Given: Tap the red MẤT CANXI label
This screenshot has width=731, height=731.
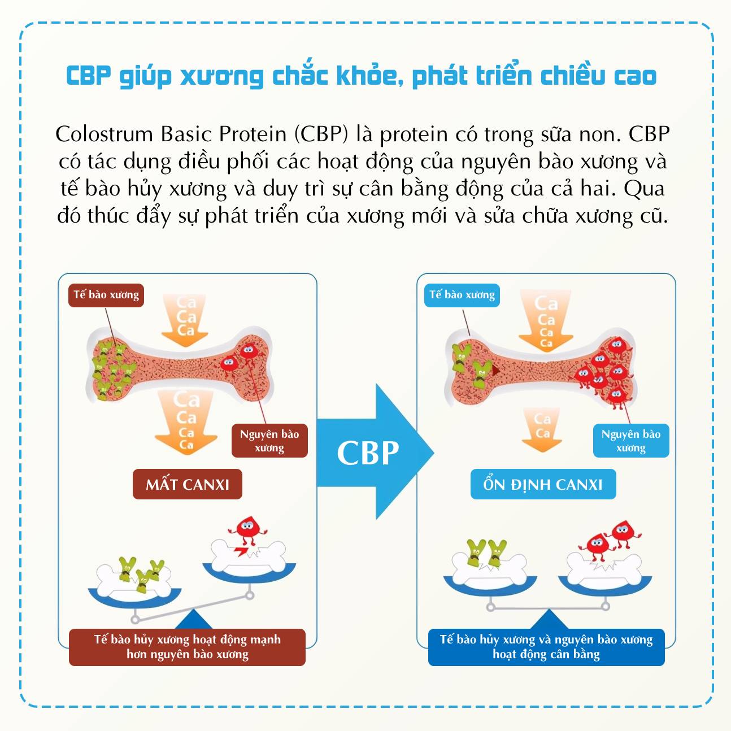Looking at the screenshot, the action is point(187,484).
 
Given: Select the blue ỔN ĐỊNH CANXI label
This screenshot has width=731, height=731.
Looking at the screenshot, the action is point(543,484).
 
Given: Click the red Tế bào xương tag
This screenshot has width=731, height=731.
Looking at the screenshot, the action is point(106,295).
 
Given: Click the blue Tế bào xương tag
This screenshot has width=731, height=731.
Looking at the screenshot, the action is point(462,295).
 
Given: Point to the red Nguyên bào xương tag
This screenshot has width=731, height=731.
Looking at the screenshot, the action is point(269,441).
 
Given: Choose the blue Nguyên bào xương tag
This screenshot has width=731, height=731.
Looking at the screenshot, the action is point(630,441).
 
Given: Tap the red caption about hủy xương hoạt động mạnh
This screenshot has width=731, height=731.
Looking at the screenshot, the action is point(187,647).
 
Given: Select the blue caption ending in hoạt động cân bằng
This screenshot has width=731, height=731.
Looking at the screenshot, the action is point(546,647).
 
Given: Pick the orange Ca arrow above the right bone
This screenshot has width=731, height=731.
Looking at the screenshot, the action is point(546,320).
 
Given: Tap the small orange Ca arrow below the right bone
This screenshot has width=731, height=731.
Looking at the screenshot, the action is point(542,429).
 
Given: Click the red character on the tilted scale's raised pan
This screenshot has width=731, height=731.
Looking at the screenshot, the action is point(247,531).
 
